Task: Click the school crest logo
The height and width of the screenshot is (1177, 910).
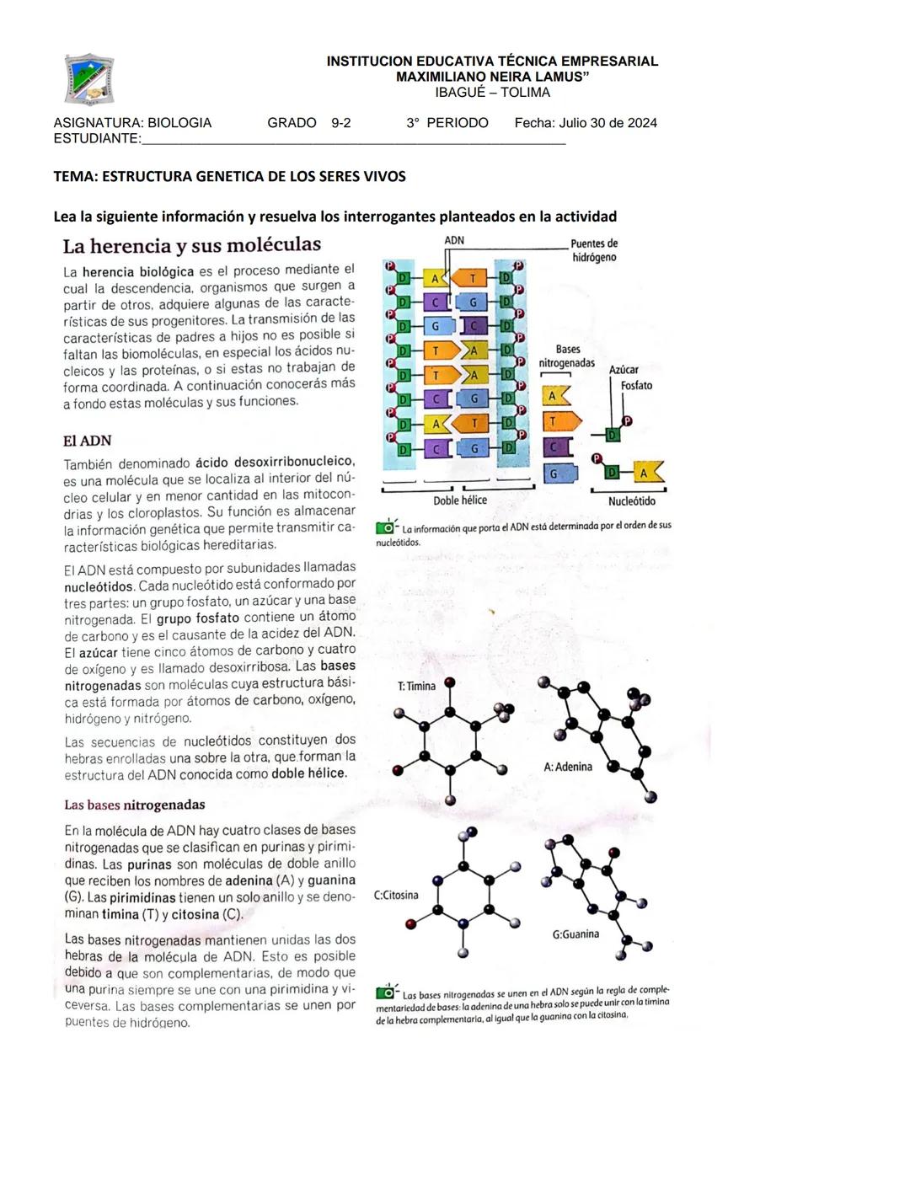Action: tap(89, 80)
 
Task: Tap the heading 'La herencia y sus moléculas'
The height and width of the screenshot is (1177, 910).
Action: tap(191, 245)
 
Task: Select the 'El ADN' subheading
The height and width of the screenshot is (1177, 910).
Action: tap(87, 441)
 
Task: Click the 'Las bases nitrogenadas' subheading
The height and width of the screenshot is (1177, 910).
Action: tap(135, 805)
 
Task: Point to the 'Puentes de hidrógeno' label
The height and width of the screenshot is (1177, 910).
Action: tap(594, 250)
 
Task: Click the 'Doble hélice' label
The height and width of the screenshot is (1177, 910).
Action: tap(460, 500)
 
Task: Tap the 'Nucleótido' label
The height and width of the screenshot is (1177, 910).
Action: tap(632, 501)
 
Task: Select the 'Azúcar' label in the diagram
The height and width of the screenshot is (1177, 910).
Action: tap(624, 370)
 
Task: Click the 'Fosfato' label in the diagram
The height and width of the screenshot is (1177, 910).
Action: tap(636, 386)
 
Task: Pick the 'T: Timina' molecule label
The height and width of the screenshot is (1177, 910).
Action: tap(416, 686)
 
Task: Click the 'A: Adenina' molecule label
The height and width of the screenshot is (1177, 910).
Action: tap(568, 767)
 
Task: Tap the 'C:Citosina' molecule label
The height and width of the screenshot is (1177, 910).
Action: tap(396, 895)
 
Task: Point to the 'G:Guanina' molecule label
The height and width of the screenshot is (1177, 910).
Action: tap(576, 934)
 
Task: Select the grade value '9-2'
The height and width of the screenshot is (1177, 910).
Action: tap(341, 123)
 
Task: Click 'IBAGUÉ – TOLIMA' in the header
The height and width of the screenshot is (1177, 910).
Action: tap(492, 93)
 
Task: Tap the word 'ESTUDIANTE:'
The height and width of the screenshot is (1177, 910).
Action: tap(96, 138)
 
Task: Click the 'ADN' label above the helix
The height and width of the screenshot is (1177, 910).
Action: tap(454, 240)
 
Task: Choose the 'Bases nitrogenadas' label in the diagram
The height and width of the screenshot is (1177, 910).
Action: tap(567, 356)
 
